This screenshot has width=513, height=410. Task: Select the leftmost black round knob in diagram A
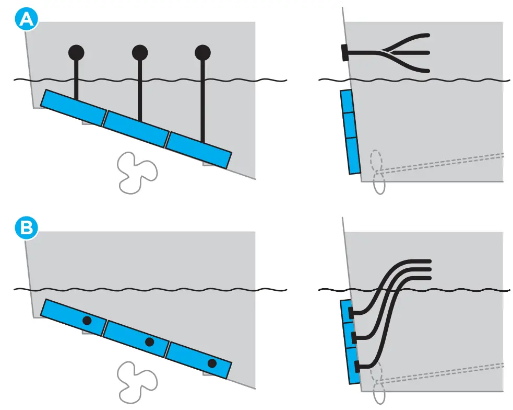77,52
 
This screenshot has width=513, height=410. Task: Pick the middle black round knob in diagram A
139,52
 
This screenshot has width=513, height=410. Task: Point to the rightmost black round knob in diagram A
202,52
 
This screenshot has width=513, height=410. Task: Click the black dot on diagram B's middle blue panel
149,342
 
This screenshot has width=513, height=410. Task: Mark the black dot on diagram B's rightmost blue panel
212,363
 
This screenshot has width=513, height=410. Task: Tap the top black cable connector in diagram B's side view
352,313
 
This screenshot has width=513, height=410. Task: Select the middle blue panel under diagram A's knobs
136,129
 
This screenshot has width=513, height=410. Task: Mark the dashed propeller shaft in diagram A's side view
444,163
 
